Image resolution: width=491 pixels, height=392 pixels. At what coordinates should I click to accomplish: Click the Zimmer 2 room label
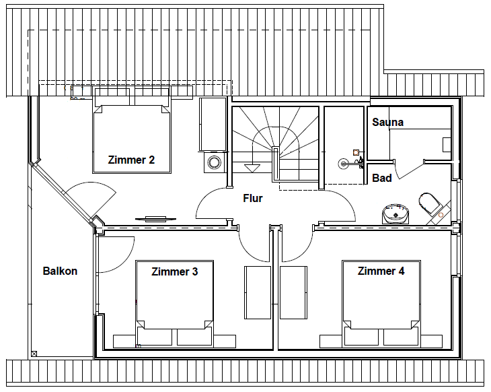coord(131,160)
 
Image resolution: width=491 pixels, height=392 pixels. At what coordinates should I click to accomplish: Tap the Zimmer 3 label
coord(175,271)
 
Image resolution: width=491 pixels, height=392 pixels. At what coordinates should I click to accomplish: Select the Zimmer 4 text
coord(381,271)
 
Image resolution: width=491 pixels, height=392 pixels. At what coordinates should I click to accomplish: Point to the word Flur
coord(253,198)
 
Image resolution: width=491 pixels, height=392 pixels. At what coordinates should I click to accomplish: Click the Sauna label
coord(387,122)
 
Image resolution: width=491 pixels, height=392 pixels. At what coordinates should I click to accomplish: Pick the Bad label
coord(382,178)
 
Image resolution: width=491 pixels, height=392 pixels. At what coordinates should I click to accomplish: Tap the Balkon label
coord(60,271)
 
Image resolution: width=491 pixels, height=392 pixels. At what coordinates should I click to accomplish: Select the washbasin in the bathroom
coord(395,214)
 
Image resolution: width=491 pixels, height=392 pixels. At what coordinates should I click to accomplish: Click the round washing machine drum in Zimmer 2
coord(215,162)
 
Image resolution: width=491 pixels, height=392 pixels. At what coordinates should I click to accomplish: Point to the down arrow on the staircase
coord(252,168)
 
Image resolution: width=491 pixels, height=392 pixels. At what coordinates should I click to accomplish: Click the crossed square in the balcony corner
coord(34,354)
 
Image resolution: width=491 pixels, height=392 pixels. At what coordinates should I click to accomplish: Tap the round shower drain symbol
coord(343,164)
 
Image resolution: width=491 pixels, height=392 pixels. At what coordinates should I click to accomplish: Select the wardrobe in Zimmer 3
coord(258,292)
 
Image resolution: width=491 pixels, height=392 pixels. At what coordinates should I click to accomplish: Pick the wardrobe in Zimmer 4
coord(293,292)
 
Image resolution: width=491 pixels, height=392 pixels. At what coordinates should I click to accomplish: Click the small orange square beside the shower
coord(356,153)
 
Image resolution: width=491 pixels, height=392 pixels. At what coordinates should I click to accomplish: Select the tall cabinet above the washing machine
coord(213,124)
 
